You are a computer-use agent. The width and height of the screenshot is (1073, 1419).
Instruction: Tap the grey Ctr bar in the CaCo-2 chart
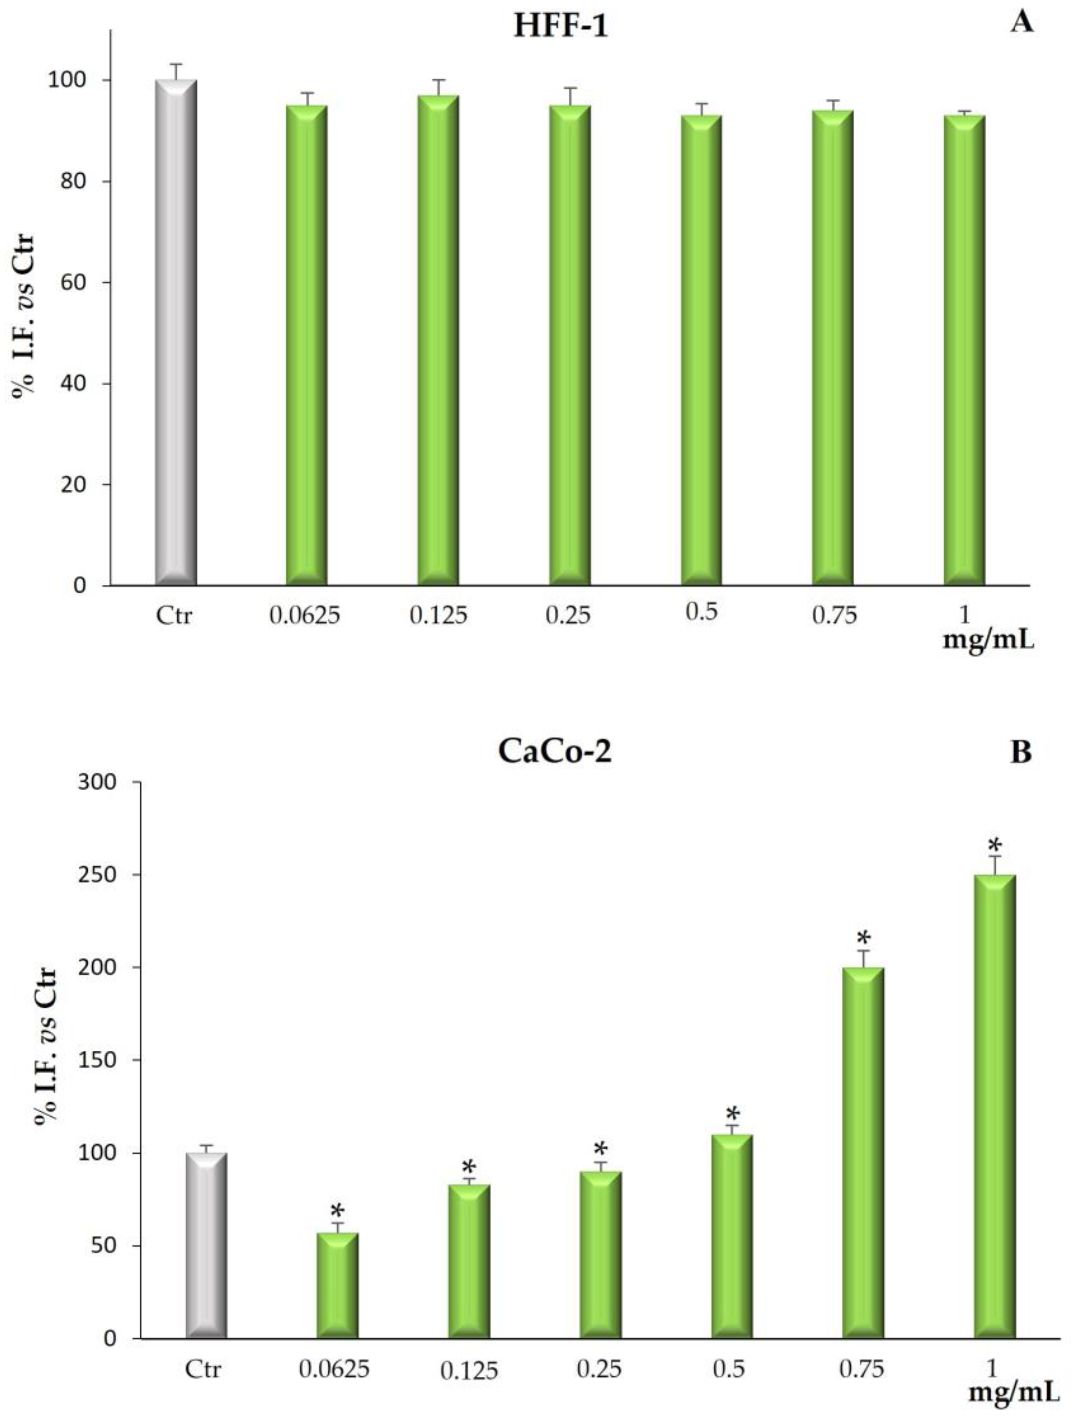click(206, 1248)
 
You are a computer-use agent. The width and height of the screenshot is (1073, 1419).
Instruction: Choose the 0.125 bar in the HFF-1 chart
click(438, 340)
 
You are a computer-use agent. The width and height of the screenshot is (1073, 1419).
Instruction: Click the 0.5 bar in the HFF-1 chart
click(702, 350)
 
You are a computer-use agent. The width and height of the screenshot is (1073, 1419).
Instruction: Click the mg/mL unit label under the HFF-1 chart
click(988, 640)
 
